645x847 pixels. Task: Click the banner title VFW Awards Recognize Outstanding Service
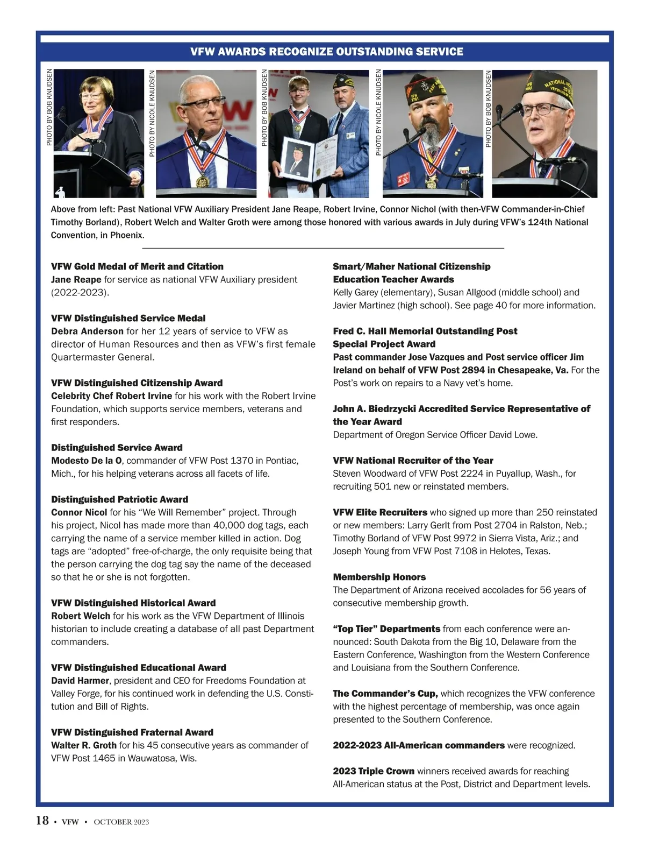coord(327,52)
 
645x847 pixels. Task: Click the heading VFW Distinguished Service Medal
coord(128,319)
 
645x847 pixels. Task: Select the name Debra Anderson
coord(87,331)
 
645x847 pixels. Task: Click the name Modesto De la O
coord(87,461)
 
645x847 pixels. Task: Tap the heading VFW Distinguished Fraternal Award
coord(132,732)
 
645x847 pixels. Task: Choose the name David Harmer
coord(80,681)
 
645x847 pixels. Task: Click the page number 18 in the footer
coord(42,821)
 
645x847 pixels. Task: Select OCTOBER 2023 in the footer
coord(121,822)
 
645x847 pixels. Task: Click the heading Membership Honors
coord(379,577)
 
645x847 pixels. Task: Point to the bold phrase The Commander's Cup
coord(385,694)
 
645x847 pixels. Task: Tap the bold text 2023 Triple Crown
coord(374,771)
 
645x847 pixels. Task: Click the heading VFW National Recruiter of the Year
coord(413,461)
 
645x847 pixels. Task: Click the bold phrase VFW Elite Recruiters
coord(380,512)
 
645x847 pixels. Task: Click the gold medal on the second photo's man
coord(202,181)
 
